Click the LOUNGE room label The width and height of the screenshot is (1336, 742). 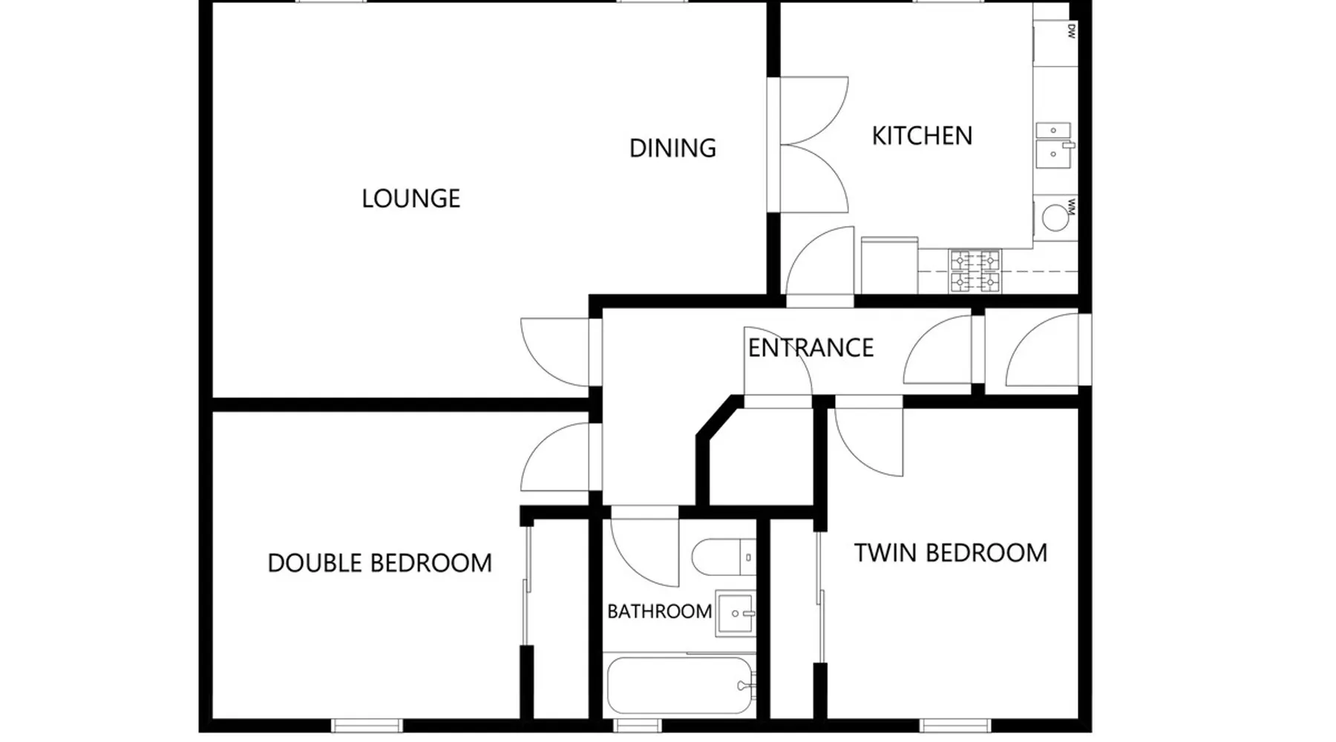[410, 198]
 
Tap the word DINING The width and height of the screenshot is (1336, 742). [672, 148]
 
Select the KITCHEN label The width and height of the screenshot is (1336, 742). [922, 136]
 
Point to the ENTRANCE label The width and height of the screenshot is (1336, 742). [811, 347]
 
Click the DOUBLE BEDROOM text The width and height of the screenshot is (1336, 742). [379, 563]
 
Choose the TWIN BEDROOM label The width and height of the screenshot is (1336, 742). [950, 553]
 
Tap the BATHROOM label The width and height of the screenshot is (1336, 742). [659, 611]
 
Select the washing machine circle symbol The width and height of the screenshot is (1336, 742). [1054, 217]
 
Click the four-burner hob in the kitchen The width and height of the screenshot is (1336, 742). [975, 271]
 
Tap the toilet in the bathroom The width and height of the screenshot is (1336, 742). [724, 557]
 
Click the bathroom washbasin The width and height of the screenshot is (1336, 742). [736, 614]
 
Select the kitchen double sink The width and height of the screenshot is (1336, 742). [1054, 145]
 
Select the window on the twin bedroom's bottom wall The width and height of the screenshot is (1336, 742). [954, 725]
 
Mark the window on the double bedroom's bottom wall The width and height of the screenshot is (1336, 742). [367, 725]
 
